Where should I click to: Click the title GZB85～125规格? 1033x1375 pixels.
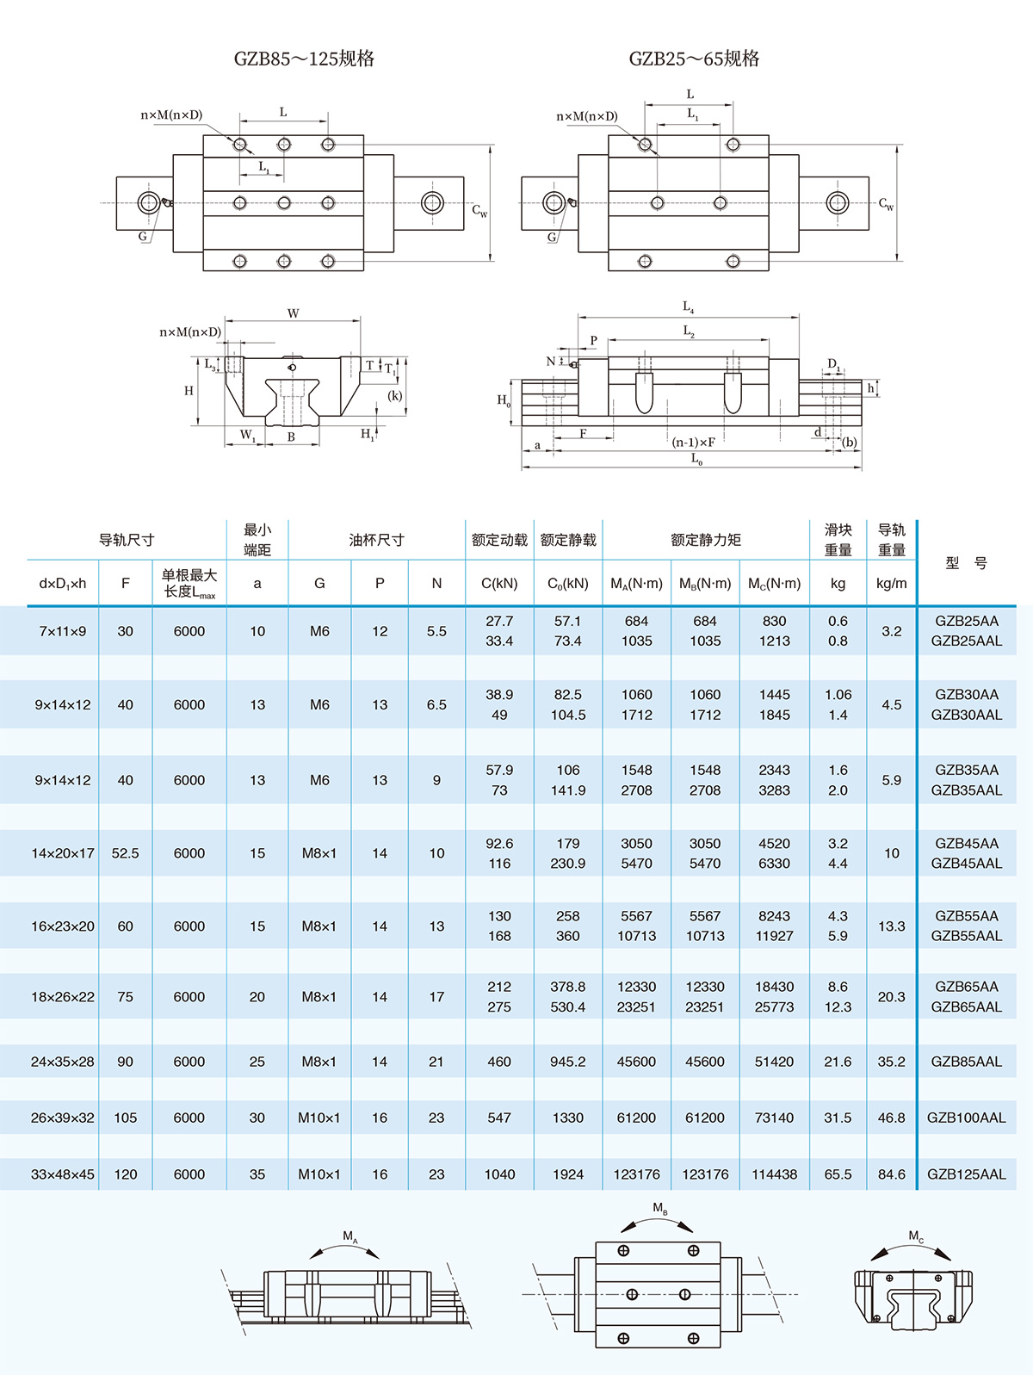click(x=304, y=59)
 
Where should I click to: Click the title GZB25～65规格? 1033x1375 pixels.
click(x=694, y=59)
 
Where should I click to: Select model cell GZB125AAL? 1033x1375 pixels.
click(x=966, y=1174)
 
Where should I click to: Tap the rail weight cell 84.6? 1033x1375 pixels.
click(x=891, y=1174)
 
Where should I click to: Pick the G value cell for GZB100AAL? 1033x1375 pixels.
click(x=319, y=1118)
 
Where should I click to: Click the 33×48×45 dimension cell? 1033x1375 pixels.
click(x=63, y=1174)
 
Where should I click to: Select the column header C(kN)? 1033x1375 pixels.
click(x=499, y=583)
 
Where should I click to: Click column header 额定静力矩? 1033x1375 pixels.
click(x=705, y=540)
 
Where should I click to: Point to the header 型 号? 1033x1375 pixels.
click(x=966, y=563)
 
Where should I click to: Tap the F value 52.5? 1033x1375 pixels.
click(x=125, y=853)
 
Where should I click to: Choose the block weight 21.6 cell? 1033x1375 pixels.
click(x=838, y=1062)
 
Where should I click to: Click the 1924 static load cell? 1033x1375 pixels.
click(x=568, y=1174)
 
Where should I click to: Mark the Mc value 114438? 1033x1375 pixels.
click(x=774, y=1174)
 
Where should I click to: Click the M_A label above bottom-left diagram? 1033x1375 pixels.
click(x=349, y=1237)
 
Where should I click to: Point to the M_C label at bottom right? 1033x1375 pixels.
click(x=916, y=1237)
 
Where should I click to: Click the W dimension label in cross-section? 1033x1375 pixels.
click(x=294, y=313)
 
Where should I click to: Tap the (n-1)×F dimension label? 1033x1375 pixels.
click(x=694, y=443)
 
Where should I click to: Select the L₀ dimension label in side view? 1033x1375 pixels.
click(x=696, y=460)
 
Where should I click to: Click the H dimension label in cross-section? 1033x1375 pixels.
click(x=189, y=391)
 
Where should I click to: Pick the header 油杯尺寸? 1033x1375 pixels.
click(x=376, y=540)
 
